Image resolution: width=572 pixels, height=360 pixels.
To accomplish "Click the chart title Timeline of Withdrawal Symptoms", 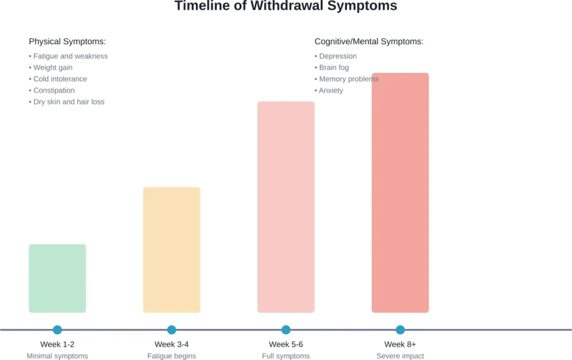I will (285, 7).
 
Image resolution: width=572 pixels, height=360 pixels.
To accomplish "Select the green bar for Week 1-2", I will (58, 279).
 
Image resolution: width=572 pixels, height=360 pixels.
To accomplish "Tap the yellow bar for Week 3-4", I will (171, 249).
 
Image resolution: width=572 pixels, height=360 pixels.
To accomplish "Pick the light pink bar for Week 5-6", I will (286, 207).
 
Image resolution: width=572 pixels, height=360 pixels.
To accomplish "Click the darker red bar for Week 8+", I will (400, 193).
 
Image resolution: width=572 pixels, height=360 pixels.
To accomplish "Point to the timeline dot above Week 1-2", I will (58, 330).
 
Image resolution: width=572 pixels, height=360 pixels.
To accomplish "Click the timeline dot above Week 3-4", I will (171, 330).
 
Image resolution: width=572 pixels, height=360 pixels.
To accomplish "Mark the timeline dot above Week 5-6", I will (286, 330).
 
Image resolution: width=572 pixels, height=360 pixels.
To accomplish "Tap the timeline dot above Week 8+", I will (400, 330).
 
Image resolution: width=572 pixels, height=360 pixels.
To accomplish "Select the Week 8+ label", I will (400, 344).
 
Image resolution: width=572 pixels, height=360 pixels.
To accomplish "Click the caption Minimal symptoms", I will (58, 356).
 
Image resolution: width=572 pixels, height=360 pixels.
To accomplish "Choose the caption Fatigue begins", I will (171, 356).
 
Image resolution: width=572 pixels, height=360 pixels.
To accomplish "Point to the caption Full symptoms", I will (286, 356).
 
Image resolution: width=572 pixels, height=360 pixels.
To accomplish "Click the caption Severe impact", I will (400, 356).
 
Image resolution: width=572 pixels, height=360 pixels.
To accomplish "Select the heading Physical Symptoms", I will (67, 42).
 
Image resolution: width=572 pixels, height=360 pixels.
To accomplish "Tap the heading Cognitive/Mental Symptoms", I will (369, 42).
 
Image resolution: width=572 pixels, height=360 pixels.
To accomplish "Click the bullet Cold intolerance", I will (60, 79).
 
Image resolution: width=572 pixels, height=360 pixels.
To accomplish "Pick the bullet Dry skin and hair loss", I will (69, 102).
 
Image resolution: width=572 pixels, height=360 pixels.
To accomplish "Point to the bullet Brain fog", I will (333, 68).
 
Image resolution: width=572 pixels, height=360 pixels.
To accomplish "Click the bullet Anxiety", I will (331, 90).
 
